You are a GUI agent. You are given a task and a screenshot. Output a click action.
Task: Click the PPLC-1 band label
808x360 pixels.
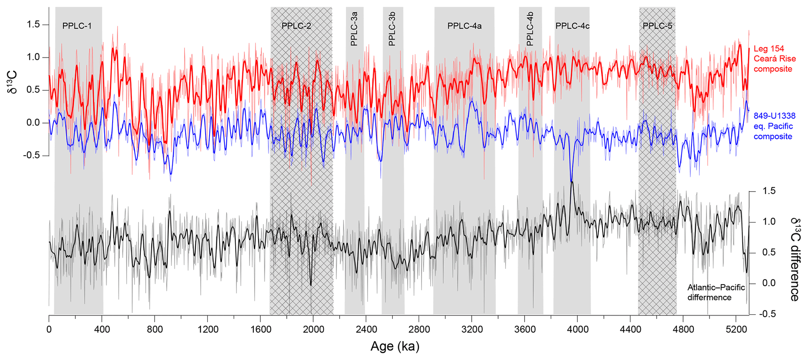(x=77, y=26)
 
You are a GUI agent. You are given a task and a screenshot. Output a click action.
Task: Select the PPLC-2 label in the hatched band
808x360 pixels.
(x=296, y=26)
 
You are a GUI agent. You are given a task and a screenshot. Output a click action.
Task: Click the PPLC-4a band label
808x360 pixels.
(x=464, y=26)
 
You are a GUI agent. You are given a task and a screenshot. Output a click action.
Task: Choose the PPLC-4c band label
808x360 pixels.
(x=572, y=26)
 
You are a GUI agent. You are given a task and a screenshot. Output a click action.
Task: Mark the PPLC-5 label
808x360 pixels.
(x=658, y=26)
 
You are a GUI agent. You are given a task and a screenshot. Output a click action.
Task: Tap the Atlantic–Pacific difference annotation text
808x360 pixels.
(x=716, y=292)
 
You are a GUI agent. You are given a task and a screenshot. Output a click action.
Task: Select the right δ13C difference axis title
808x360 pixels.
(x=794, y=260)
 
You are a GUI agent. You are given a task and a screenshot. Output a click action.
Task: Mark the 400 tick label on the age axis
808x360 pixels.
(x=102, y=330)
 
